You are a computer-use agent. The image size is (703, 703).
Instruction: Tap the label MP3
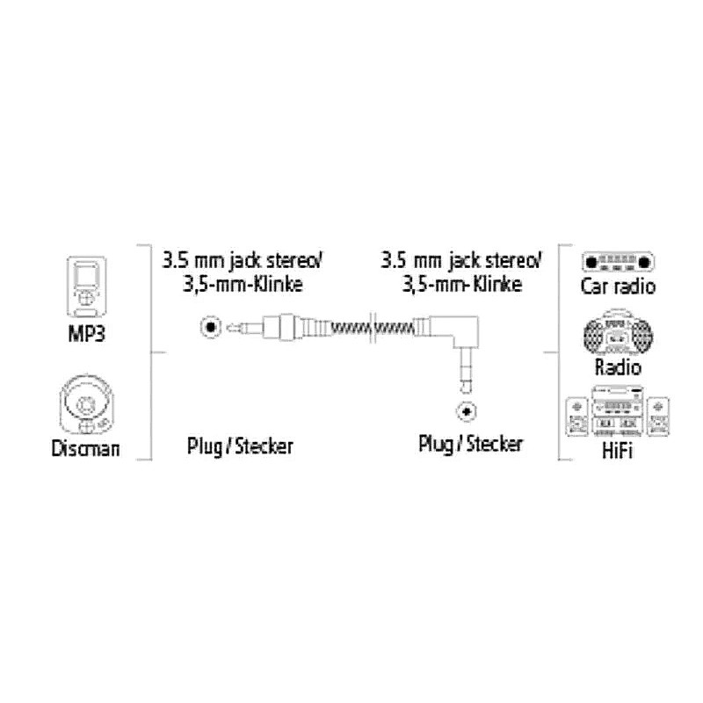click(85, 335)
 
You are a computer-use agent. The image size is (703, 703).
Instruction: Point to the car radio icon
click(619, 261)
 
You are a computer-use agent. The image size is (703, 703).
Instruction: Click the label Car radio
click(619, 286)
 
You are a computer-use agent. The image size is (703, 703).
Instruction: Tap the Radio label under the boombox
click(618, 367)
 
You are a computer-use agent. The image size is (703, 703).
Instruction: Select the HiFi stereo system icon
click(618, 413)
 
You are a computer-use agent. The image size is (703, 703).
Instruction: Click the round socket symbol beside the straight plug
click(209, 328)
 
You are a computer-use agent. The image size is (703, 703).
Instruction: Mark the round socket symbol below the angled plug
click(466, 410)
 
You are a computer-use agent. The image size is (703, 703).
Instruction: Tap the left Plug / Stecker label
click(239, 446)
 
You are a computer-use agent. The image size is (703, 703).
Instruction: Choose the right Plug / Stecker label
click(470, 444)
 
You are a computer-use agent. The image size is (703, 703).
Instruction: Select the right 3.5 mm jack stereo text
click(461, 260)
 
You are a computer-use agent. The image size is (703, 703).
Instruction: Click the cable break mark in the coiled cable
click(376, 328)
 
